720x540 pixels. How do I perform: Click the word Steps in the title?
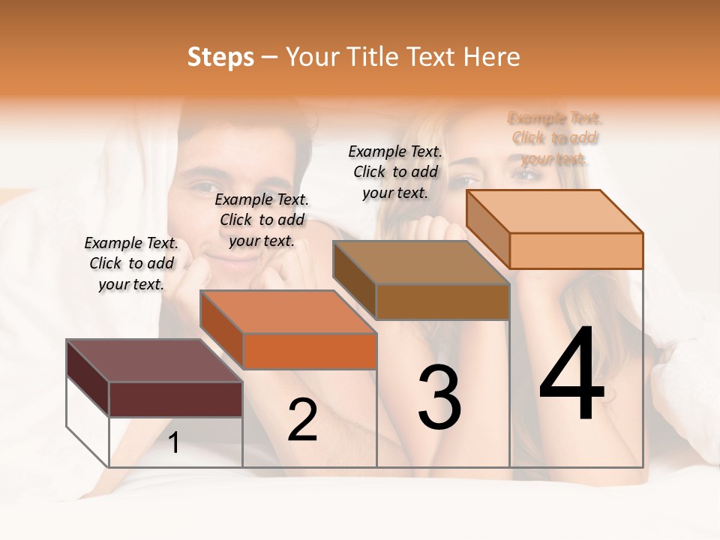point(220,57)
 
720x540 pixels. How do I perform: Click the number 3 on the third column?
point(439,398)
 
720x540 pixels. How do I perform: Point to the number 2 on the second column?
point(302,421)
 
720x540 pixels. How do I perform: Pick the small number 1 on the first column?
point(174,443)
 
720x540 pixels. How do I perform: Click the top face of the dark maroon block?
point(154,361)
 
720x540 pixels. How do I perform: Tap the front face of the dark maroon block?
point(175,399)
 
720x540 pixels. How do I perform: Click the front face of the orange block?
point(310,351)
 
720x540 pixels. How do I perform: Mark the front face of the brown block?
point(442,301)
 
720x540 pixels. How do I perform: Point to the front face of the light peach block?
point(576,250)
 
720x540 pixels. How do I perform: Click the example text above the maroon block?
point(131,263)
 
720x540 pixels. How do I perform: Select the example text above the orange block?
point(262,220)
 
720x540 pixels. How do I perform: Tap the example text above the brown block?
point(395,172)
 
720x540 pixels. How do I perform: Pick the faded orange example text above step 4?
point(554,138)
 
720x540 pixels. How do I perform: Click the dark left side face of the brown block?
point(354,280)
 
